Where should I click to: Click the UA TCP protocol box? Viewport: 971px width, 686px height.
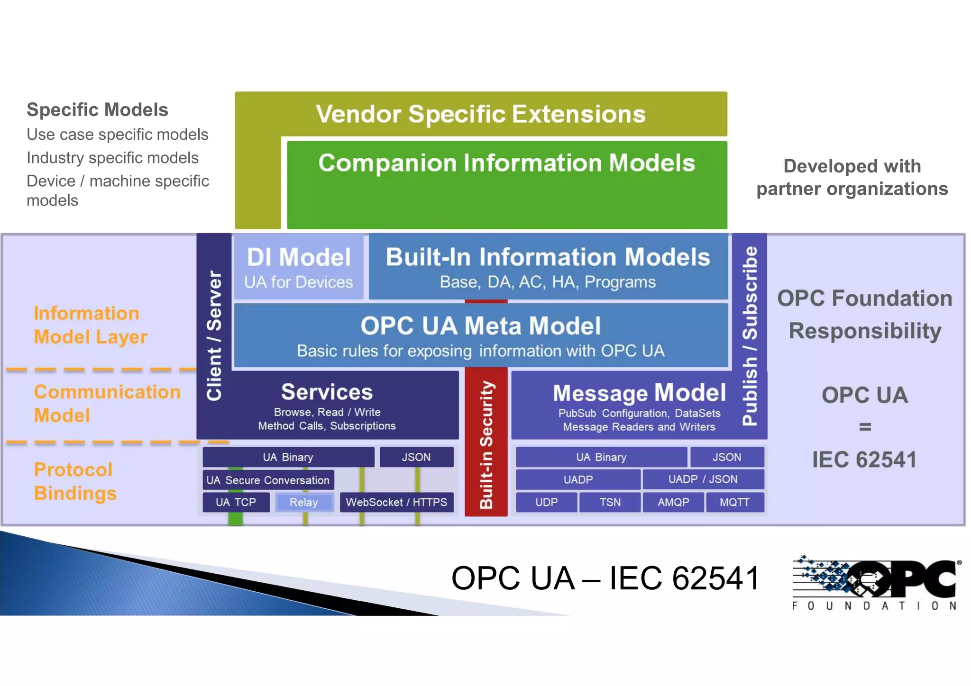236,502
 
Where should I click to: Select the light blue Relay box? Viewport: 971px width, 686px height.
304,502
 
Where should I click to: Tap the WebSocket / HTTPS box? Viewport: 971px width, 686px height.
396,502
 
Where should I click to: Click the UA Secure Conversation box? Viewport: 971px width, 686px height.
268,480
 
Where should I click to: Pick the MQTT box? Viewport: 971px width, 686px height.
734,502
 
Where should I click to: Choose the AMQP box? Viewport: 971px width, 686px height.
673,502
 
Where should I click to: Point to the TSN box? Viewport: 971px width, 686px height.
610,502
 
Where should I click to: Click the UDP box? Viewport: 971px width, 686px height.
546,502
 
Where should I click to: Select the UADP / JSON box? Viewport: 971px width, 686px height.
703,479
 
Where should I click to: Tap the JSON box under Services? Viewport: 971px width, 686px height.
416,457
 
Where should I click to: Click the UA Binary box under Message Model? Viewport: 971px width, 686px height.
601,457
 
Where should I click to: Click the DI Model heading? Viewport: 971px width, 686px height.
299,258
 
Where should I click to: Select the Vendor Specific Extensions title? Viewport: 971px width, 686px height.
481,114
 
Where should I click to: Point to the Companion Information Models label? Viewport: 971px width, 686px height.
506,163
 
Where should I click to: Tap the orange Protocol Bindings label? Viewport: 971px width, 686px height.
75,481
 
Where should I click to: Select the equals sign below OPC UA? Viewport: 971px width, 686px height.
865,427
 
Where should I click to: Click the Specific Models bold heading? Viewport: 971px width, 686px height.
97,110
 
